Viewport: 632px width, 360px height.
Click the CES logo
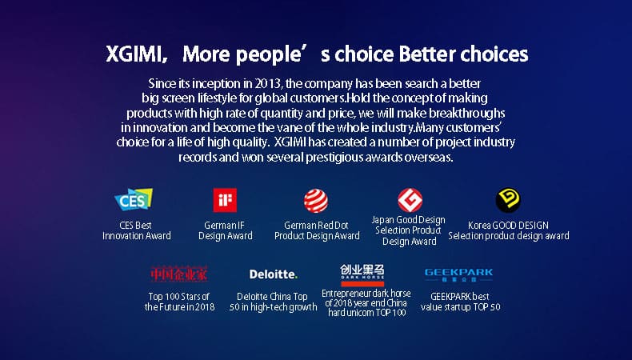pos(134,199)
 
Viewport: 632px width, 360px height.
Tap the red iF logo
pos(225,200)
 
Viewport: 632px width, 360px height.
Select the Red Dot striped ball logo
pos(316,201)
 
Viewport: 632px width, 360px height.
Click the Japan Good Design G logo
pos(410,200)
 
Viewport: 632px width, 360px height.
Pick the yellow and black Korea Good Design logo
pos(508,200)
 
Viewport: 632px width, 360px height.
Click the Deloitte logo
pos(274,274)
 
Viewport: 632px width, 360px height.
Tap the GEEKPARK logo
pos(458,274)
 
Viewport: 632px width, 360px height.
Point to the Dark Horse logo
pos(362,275)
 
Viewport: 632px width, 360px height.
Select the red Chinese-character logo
pos(179,274)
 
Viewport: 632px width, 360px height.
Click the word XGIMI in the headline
pos(134,54)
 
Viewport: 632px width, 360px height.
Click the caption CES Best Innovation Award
pos(136,230)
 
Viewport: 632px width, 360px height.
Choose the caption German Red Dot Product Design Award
pos(317,230)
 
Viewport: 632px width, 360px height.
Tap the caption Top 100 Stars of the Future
pos(179,302)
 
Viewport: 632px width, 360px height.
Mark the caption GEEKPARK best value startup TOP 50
pos(460,302)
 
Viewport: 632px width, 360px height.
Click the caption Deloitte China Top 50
pos(273,302)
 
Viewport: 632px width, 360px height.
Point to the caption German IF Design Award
pos(226,230)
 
